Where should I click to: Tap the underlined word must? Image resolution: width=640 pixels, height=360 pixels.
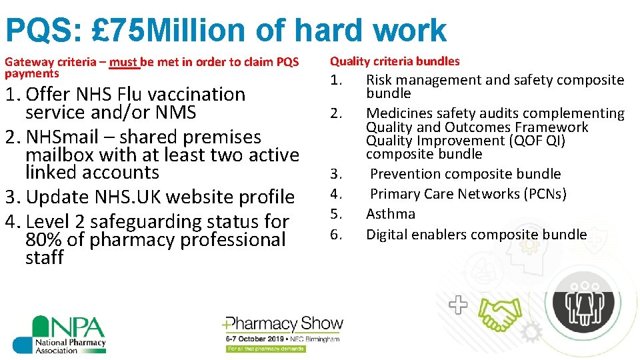pos(124,62)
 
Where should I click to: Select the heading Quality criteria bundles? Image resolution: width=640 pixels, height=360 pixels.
pos(395,61)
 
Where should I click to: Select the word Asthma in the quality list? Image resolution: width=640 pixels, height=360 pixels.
pos(391,214)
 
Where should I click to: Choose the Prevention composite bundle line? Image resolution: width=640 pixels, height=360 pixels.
pos(465,174)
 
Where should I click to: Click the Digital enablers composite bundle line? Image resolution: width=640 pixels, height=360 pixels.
pos(476,234)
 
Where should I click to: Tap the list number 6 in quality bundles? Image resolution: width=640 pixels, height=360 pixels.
pos(337,234)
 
